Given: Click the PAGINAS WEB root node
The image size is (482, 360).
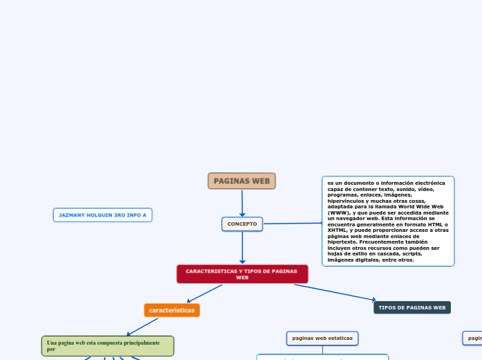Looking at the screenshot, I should [x=242, y=181].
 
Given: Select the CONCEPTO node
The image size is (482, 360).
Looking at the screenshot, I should [x=242, y=224].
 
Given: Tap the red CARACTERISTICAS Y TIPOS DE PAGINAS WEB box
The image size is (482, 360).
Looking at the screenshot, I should [x=242, y=274].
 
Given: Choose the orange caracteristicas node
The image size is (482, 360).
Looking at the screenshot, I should [x=172, y=310].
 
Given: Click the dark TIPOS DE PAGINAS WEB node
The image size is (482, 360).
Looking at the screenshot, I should [x=412, y=307].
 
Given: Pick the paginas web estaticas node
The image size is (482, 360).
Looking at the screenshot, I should [x=322, y=338].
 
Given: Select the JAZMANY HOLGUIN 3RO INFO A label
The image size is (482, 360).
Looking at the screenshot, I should [x=102, y=215].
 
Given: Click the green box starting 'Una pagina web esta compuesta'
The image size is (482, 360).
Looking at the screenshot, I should [x=107, y=345].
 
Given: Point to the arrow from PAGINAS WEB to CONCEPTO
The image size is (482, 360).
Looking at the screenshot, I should [x=242, y=204].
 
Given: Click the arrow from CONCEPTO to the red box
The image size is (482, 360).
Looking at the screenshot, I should [x=242, y=248].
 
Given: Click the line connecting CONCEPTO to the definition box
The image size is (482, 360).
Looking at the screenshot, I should [x=292, y=223].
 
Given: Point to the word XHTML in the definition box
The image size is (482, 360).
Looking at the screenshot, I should [x=338, y=230].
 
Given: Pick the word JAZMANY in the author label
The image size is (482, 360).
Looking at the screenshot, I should [x=72, y=215].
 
